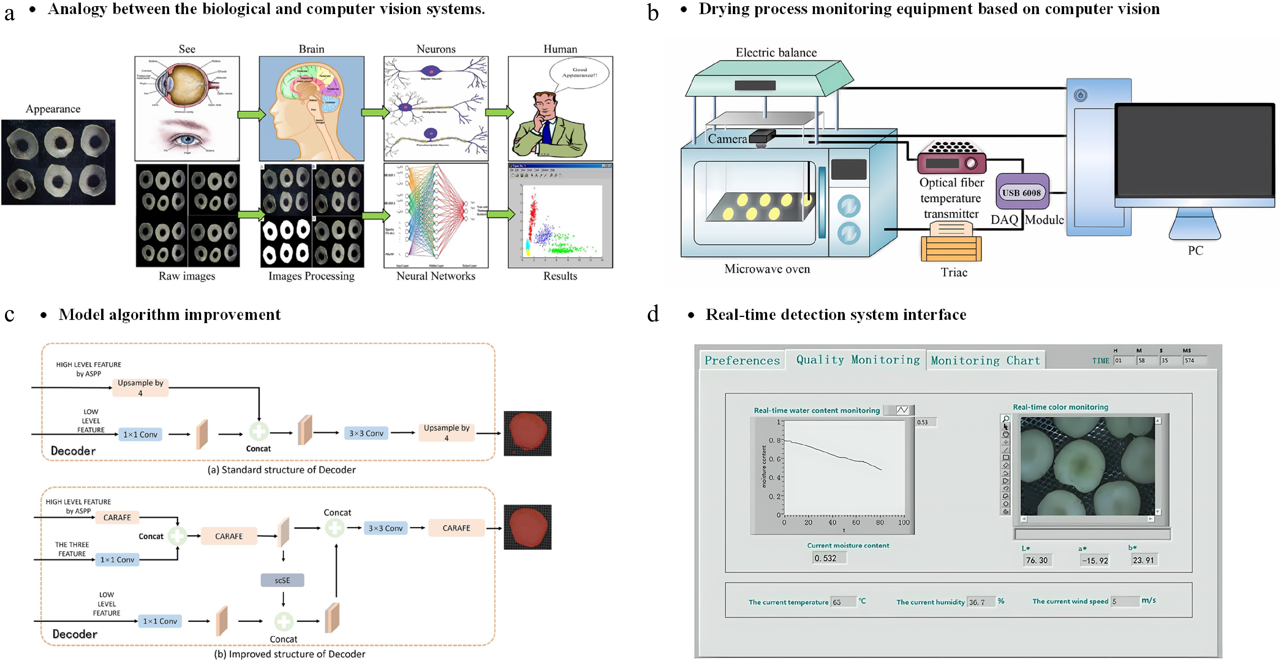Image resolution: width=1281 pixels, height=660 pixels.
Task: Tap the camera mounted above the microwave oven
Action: [761, 137]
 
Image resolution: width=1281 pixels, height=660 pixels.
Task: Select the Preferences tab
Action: [742, 361]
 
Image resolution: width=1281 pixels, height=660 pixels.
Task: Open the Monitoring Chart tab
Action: [985, 361]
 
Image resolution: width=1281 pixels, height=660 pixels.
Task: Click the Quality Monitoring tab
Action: [858, 359]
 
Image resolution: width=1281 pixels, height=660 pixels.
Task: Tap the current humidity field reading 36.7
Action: [979, 602]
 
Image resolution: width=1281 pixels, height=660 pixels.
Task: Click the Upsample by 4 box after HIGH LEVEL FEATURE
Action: [140, 387]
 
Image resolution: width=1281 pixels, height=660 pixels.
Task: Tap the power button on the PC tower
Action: [1080, 95]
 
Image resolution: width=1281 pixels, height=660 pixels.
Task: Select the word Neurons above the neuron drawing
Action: [436, 49]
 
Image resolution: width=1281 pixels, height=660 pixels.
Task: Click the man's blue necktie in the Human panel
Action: [547, 132]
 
